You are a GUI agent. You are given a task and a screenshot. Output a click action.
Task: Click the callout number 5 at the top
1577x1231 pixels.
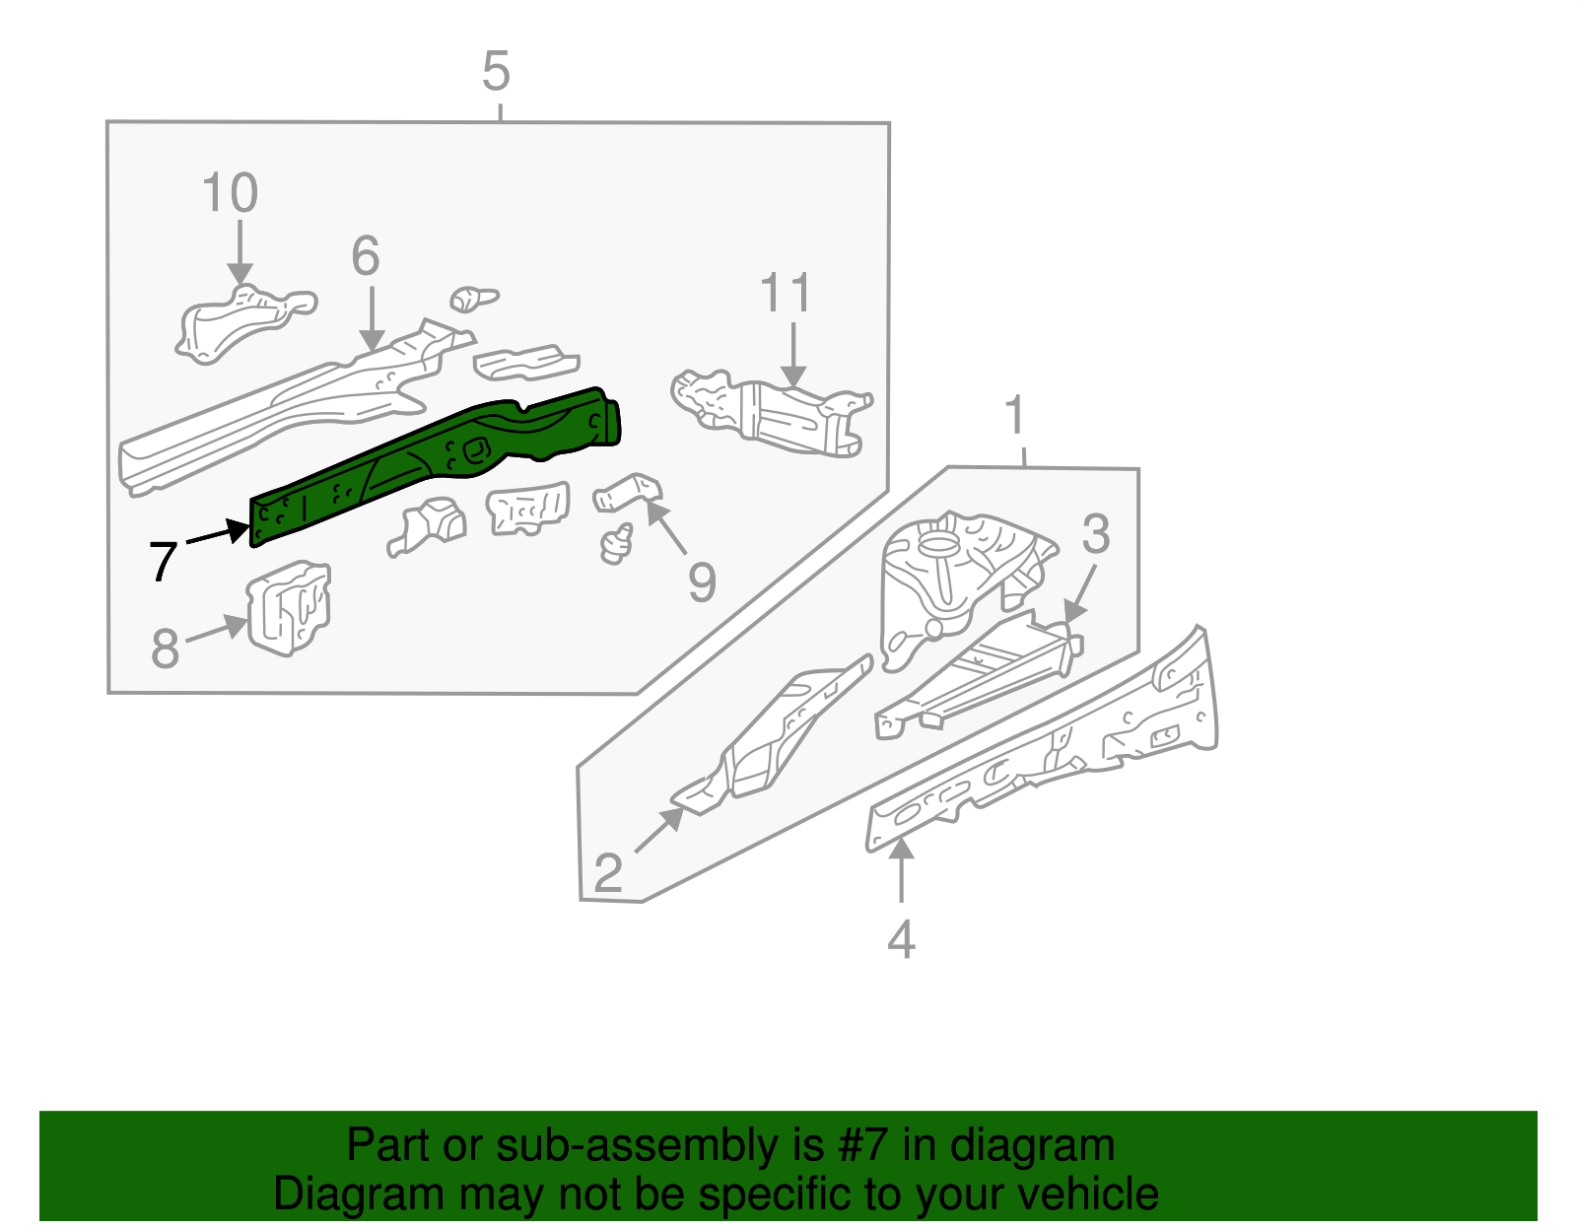(496, 72)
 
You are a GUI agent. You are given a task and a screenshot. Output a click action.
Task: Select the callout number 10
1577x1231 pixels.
(230, 192)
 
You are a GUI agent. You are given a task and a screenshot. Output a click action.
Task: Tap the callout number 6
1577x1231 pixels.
(366, 256)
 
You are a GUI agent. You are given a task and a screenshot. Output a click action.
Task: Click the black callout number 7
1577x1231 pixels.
(163, 562)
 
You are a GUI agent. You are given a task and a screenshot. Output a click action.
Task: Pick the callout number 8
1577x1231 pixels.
(166, 649)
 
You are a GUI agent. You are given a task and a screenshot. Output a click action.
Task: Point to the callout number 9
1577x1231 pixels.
(701, 581)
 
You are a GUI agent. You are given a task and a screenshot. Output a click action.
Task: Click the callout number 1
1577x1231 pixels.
(1015, 416)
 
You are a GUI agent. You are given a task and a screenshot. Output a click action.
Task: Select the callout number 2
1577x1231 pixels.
(608, 873)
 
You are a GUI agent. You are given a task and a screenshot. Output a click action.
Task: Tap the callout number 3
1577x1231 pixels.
(1095, 533)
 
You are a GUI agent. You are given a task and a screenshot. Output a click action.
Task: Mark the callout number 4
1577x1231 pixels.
(901, 939)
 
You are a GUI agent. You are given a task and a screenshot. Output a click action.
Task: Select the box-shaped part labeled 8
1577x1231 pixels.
(288, 608)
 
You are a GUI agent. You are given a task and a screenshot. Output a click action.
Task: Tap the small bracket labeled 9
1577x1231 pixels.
(628, 491)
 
